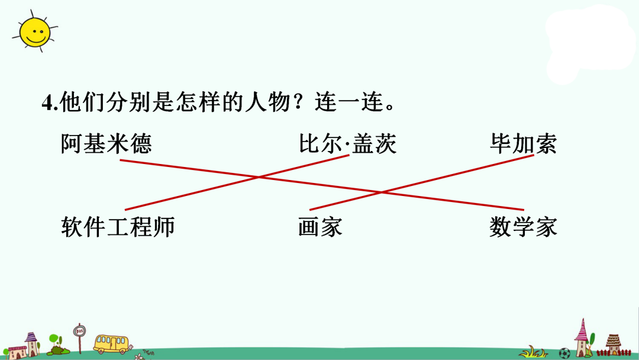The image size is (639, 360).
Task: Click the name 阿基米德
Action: click(x=106, y=144)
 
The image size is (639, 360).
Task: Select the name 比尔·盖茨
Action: click(x=347, y=144)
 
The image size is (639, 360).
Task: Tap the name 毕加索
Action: click(x=523, y=144)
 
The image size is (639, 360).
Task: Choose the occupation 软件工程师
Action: click(x=118, y=227)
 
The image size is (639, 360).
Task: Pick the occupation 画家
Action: click(x=320, y=227)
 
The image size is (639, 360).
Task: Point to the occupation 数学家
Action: click(x=523, y=227)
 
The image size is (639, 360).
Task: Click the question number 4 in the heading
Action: click(x=47, y=103)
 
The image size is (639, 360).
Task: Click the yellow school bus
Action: click(x=111, y=343)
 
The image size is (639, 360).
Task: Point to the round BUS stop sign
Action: click(x=79, y=330)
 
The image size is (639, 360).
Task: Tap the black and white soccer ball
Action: click(x=564, y=353)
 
